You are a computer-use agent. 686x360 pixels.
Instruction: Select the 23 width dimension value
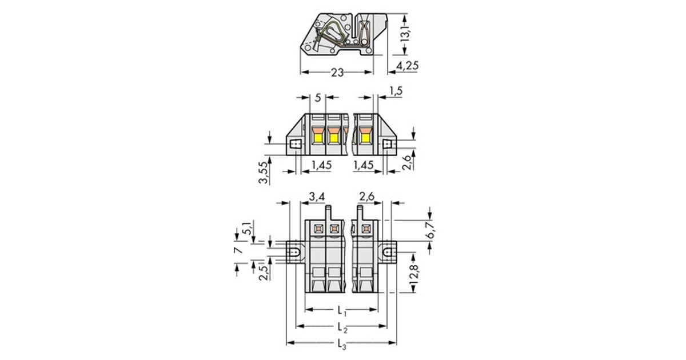coord(337,73)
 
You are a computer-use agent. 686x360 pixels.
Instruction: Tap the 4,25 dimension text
coord(407,66)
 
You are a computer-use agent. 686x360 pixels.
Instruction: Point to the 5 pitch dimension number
coord(318,98)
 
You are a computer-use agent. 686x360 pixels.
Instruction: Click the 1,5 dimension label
coord(396,91)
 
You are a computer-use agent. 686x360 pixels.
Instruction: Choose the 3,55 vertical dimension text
coord(264,173)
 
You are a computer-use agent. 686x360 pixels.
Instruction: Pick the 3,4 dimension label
coord(317,197)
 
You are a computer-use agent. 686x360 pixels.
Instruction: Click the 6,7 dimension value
coord(431,230)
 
